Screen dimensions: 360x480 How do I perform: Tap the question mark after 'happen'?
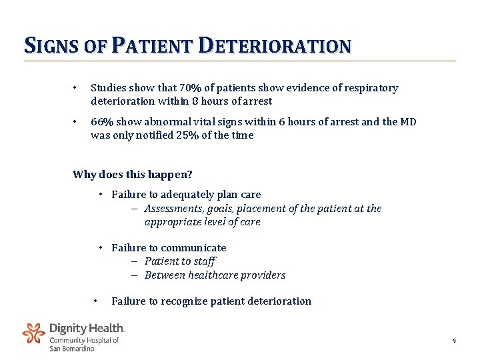(190, 175)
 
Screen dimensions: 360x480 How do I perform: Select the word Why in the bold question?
(84, 175)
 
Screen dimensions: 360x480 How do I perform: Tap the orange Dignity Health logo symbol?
(33, 332)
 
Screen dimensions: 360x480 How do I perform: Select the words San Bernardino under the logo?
(72, 349)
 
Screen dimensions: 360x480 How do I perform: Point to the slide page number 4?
(454, 341)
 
